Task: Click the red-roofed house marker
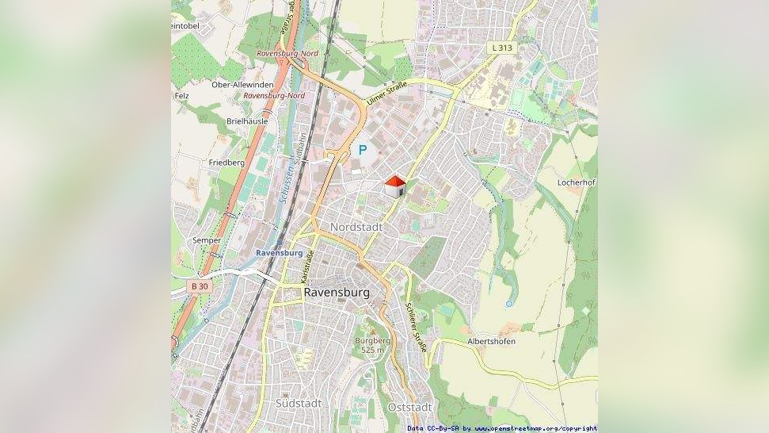(394, 187)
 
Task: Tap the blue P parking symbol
(363, 149)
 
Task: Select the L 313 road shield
(501, 48)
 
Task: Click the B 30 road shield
(200, 285)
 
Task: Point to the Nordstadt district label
(356, 227)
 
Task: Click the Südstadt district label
(299, 404)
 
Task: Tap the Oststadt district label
(409, 407)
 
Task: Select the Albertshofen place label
(491, 341)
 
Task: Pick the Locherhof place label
(576, 182)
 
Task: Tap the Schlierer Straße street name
(416, 326)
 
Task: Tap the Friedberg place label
(227, 162)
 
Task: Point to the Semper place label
(207, 240)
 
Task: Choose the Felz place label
(181, 96)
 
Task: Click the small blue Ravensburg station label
(279, 253)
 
